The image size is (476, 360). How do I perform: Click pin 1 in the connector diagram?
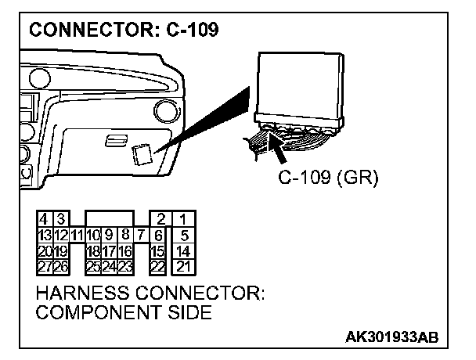(x=182, y=220)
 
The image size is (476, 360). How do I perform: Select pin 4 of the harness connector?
(x=43, y=220)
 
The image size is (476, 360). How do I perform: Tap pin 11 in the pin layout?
(x=78, y=234)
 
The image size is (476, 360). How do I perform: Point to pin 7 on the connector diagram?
(x=140, y=234)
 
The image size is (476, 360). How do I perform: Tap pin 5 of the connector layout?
(x=182, y=234)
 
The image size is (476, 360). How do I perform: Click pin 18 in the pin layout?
(x=93, y=251)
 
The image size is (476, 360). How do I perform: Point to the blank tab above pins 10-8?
(x=109, y=218)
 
